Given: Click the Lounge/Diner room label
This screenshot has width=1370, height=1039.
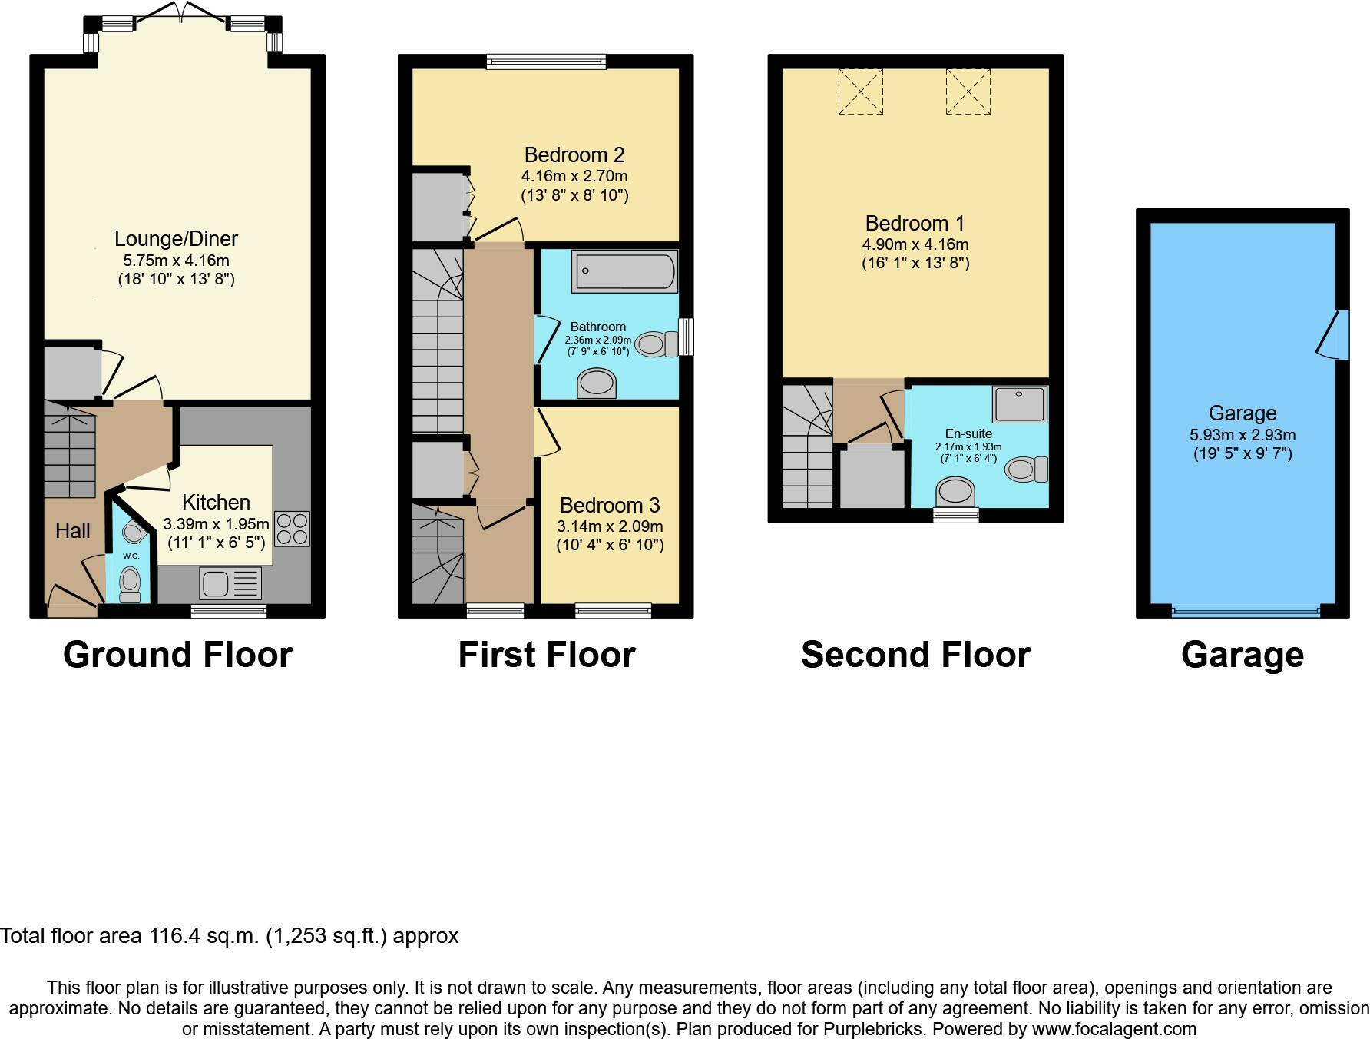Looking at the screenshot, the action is point(177,238).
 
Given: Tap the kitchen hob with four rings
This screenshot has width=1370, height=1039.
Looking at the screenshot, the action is point(291,529).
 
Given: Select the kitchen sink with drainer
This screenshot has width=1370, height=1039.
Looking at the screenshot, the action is point(230,583).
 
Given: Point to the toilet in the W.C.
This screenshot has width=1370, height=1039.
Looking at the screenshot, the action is point(131,586).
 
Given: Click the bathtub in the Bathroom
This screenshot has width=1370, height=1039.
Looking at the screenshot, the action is point(624,271).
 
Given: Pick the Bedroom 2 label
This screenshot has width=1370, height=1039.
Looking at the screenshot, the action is point(574,154).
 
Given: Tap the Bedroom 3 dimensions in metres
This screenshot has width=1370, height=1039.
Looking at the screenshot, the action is point(610,526).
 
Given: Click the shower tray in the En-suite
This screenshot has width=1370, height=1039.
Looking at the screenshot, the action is point(1020,404).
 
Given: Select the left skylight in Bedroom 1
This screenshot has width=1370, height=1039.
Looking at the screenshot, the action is point(860,91).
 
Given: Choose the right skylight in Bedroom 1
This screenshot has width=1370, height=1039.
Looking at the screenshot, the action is point(968,91).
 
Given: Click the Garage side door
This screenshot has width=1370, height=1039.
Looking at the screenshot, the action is point(1334,334).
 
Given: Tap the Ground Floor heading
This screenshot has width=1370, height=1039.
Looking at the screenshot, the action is point(177,655).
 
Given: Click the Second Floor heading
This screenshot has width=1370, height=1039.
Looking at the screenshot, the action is point(915,655).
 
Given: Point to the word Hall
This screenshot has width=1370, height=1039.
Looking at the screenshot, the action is point(73,530).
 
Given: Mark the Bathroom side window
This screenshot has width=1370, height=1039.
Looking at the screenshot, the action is point(687,337).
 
